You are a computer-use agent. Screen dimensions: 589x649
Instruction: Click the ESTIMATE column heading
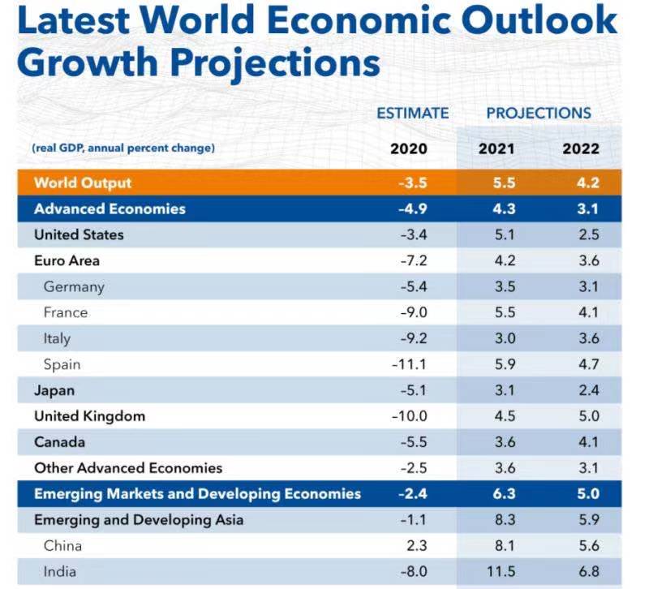tap(412, 113)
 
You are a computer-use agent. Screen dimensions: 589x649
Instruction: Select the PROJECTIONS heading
tap(539, 113)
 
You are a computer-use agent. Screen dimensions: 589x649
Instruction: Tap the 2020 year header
tap(409, 148)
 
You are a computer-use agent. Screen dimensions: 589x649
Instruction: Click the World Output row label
tap(83, 183)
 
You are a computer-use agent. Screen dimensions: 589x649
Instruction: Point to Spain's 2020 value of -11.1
tap(408, 364)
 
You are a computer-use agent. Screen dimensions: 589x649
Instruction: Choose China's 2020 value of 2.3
tap(414, 546)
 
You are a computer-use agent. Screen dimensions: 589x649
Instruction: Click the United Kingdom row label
tap(89, 416)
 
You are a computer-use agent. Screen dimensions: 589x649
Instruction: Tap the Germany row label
tap(74, 286)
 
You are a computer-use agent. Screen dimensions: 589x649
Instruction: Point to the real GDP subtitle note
tap(123, 148)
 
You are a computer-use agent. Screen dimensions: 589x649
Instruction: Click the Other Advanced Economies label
tap(128, 468)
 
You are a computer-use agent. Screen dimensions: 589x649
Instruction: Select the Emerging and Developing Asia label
tap(139, 520)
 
